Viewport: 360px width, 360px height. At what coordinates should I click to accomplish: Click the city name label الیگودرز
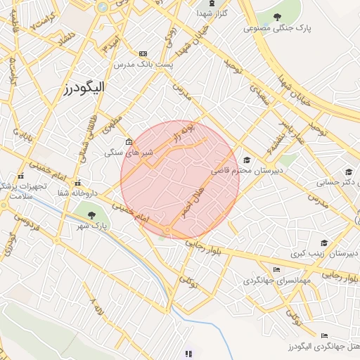click(79, 89)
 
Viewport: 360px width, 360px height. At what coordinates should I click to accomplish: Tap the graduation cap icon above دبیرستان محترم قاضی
click(247, 160)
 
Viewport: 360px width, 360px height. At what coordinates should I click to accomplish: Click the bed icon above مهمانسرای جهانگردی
click(276, 269)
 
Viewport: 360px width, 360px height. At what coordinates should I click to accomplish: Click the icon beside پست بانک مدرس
click(143, 53)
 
